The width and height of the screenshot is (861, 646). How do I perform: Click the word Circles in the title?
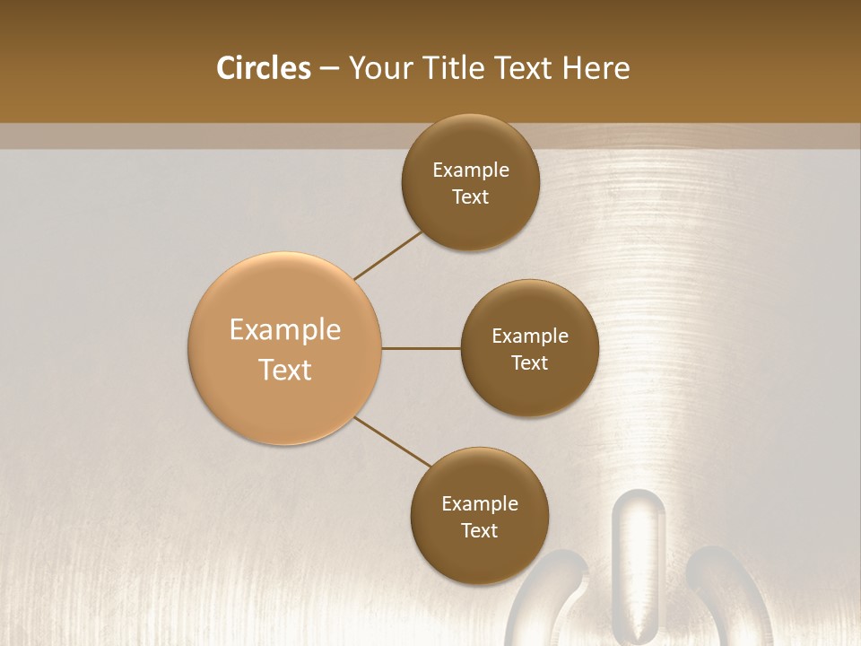tap(263, 68)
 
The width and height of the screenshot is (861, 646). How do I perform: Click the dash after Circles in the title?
tap(328, 69)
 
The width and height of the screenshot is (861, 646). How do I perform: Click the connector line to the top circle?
tap(388, 255)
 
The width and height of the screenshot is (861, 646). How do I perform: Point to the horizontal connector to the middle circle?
tap(421, 348)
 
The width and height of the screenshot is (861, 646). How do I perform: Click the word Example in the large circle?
tap(285, 330)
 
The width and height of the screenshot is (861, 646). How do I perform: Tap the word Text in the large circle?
tap(285, 370)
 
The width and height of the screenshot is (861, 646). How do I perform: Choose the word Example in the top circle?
tap(471, 170)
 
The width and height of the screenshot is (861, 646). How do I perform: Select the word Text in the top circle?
tap(470, 197)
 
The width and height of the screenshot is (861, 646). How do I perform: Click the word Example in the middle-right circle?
tap(530, 336)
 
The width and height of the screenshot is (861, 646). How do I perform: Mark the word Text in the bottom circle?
tap(479, 530)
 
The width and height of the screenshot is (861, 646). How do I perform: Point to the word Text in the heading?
tap(525, 68)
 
